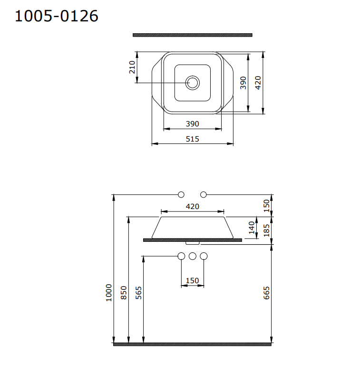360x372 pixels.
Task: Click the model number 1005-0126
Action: [x=56, y=16]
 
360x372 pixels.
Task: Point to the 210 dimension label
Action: [x=132, y=67]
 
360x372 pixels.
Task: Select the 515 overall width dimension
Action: [x=192, y=139]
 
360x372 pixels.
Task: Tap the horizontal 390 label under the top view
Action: [x=192, y=124]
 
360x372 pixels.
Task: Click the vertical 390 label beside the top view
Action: [x=243, y=83]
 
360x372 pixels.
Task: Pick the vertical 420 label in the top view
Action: [x=258, y=83]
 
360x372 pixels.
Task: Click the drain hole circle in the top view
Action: [x=192, y=83]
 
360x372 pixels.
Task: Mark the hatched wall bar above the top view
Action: [x=193, y=35]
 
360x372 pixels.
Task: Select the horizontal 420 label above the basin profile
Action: [x=192, y=207]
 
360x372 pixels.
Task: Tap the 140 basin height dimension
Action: [x=252, y=228]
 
